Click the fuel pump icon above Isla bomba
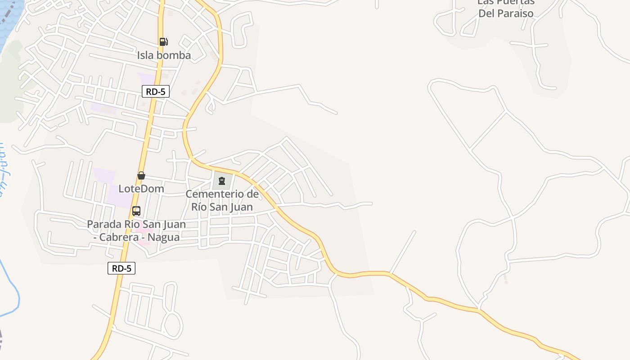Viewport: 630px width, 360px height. [164, 42]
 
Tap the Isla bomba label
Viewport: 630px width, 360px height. [164, 55]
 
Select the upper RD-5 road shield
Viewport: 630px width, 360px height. [156, 91]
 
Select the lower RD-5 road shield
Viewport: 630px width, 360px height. [121, 268]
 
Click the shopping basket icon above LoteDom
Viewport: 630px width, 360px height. [141, 175]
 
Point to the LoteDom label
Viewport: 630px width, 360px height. [141, 189]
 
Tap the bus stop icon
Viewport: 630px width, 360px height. [136, 211]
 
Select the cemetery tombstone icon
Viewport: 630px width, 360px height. [221, 181]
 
